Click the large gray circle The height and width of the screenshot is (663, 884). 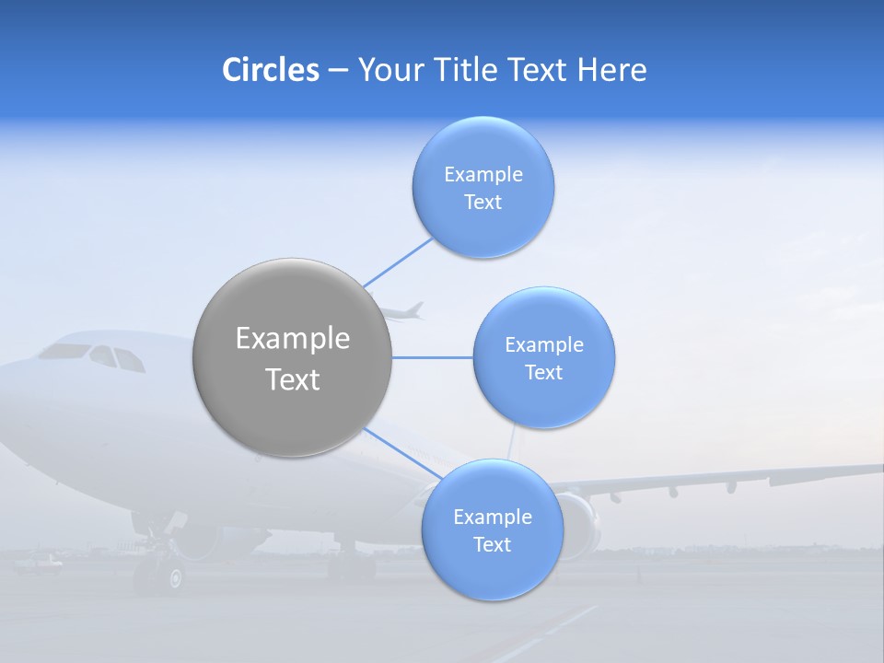(292, 357)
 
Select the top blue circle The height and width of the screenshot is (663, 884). (483, 187)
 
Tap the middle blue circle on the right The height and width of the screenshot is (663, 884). (543, 357)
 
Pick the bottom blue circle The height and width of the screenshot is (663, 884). (492, 529)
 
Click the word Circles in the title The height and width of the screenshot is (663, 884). (270, 69)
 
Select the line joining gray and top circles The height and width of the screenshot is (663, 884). (398, 262)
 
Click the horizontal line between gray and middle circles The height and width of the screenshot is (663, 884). (433, 357)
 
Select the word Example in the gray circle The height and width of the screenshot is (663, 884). (292, 338)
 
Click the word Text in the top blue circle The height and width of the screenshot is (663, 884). (483, 202)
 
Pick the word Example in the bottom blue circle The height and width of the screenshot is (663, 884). (492, 517)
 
